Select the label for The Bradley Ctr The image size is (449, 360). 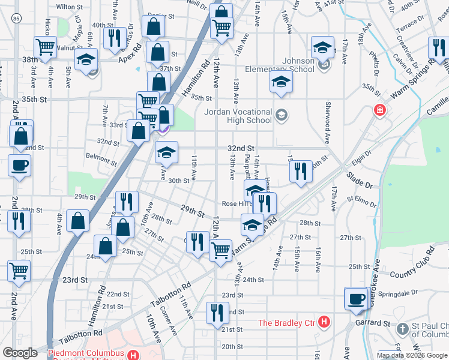(287, 323)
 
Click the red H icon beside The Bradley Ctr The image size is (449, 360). (324, 323)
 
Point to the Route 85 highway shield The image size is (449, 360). (14, 19)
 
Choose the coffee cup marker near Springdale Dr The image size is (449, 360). (357, 298)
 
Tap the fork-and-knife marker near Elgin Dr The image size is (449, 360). (301, 171)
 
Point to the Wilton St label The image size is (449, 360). (69, 7)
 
